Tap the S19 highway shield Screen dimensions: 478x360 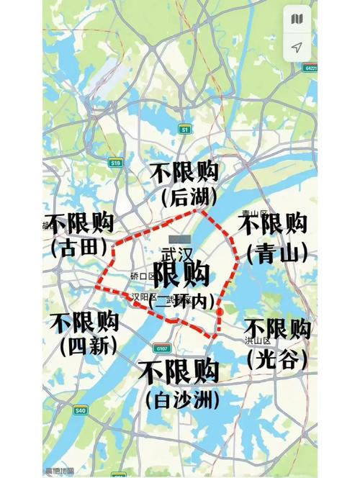point(116,163)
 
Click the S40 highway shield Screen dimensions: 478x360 point(79,410)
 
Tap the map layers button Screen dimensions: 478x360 point(297,18)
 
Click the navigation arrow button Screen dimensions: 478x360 point(297,48)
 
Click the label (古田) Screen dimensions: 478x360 point(79,248)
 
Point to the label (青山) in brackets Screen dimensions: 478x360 point(277,252)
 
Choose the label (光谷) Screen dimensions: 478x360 point(277,358)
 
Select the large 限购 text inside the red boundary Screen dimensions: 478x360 point(181,274)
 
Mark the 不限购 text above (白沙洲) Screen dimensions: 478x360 point(179,371)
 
